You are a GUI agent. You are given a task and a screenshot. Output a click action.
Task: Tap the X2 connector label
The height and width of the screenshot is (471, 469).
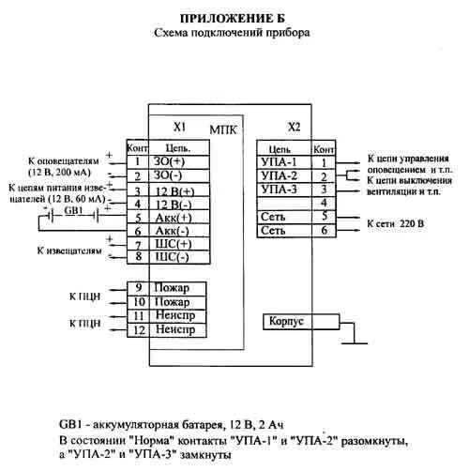[x=295, y=126]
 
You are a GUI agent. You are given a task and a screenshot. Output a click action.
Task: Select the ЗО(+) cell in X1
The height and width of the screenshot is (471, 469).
[x=171, y=160]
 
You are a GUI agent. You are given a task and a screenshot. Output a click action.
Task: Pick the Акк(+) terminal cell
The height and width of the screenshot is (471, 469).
[x=171, y=215]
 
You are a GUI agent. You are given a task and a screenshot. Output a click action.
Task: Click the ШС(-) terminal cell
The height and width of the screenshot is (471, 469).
[x=171, y=256]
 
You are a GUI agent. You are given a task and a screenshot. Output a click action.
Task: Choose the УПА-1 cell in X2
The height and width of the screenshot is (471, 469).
[x=281, y=161]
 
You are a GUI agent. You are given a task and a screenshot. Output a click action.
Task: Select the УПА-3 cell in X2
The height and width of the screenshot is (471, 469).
[x=281, y=189]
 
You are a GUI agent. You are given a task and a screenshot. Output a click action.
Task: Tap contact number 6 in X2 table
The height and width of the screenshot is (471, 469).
[x=323, y=230]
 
